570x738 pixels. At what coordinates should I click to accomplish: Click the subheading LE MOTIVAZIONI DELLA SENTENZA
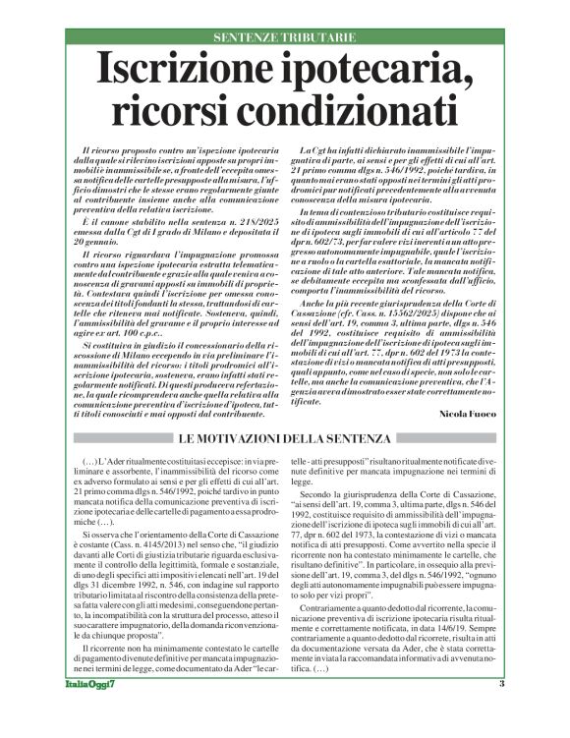coord(284,437)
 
